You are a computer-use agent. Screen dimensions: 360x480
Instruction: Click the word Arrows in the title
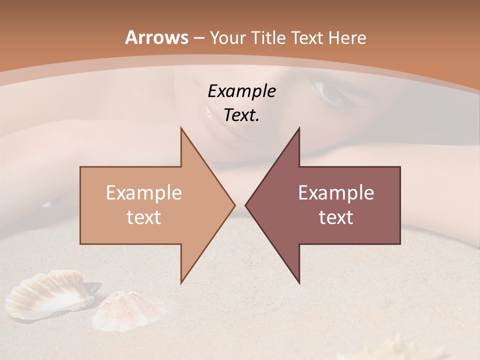coord(156,37)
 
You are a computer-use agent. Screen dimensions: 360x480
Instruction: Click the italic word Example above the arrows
coord(242,91)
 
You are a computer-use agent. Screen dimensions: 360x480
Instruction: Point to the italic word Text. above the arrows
coord(242,115)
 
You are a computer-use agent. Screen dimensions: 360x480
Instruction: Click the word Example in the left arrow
coord(144,192)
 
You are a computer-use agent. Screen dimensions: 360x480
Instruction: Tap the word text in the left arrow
coord(144,217)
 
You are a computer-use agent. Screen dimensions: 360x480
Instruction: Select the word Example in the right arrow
coord(336,192)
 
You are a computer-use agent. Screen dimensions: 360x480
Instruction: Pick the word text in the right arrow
coord(336,217)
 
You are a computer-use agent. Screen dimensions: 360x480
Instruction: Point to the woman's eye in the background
coord(331,91)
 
